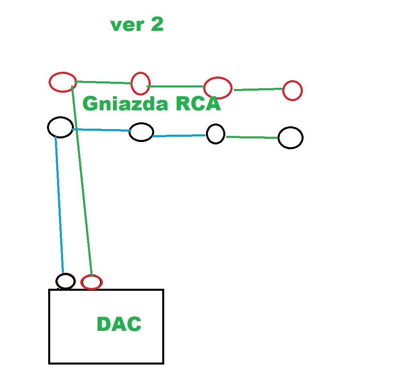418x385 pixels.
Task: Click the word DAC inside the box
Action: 119,324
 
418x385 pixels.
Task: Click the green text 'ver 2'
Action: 137,25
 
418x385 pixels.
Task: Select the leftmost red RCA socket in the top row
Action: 63,82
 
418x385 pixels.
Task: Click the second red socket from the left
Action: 141,83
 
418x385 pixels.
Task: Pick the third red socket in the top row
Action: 218,87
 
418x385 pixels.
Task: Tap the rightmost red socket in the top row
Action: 292,90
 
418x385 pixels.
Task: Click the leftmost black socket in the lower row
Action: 60,127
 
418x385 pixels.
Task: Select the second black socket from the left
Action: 141,132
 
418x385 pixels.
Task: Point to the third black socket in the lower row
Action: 216,134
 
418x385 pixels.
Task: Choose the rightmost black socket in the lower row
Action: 290,138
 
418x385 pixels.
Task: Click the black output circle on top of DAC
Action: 65,281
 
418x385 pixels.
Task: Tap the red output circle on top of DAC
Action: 92,282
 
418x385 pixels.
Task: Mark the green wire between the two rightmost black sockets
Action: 252,137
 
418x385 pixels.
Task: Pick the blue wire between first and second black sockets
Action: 102,130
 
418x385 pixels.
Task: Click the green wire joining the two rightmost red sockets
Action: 258,89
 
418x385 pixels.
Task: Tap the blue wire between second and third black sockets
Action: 179,136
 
